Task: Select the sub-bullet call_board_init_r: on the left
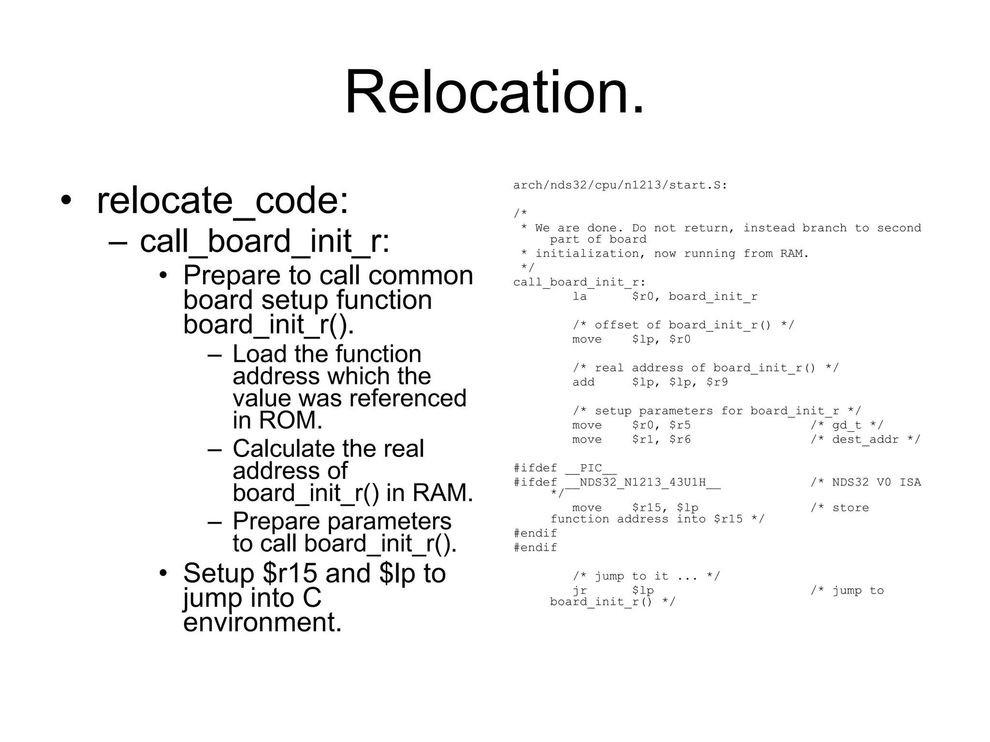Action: [264, 241]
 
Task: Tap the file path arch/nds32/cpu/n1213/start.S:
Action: [620, 185]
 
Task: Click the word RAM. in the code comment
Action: [794, 254]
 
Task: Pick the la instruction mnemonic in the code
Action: [580, 296]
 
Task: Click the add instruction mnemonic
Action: [583, 382]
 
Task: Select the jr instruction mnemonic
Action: [580, 590]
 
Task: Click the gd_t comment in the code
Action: [846, 425]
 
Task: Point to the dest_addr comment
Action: [865, 440]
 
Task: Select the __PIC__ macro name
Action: [591, 468]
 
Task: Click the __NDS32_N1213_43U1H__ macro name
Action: [643, 482]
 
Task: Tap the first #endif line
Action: [535, 533]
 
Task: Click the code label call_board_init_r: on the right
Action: [579, 282]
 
